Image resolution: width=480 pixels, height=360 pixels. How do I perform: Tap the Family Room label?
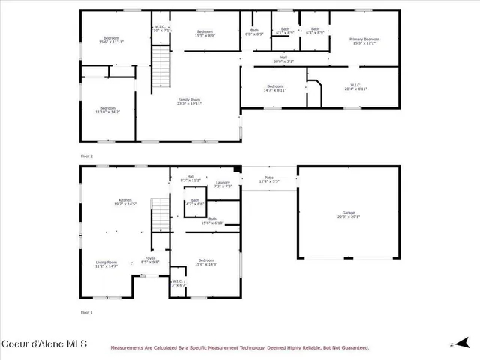click(188, 101)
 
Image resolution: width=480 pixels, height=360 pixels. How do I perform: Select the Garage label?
click(349, 214)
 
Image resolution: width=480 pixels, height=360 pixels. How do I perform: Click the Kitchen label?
click(124, 202)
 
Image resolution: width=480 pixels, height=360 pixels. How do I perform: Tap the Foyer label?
click(150, 259)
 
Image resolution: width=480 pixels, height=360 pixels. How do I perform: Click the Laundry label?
click(223, 184)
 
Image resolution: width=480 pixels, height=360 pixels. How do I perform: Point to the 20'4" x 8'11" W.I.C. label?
click(355, 87)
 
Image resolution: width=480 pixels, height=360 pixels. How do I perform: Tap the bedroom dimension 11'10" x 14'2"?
click(108, 112)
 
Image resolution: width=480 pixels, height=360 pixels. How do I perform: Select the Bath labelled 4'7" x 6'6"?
click(195, 202)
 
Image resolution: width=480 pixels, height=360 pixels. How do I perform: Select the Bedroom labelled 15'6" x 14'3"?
click(206, 262)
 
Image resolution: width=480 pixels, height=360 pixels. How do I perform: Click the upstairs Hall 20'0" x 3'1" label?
click(283, 60)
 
